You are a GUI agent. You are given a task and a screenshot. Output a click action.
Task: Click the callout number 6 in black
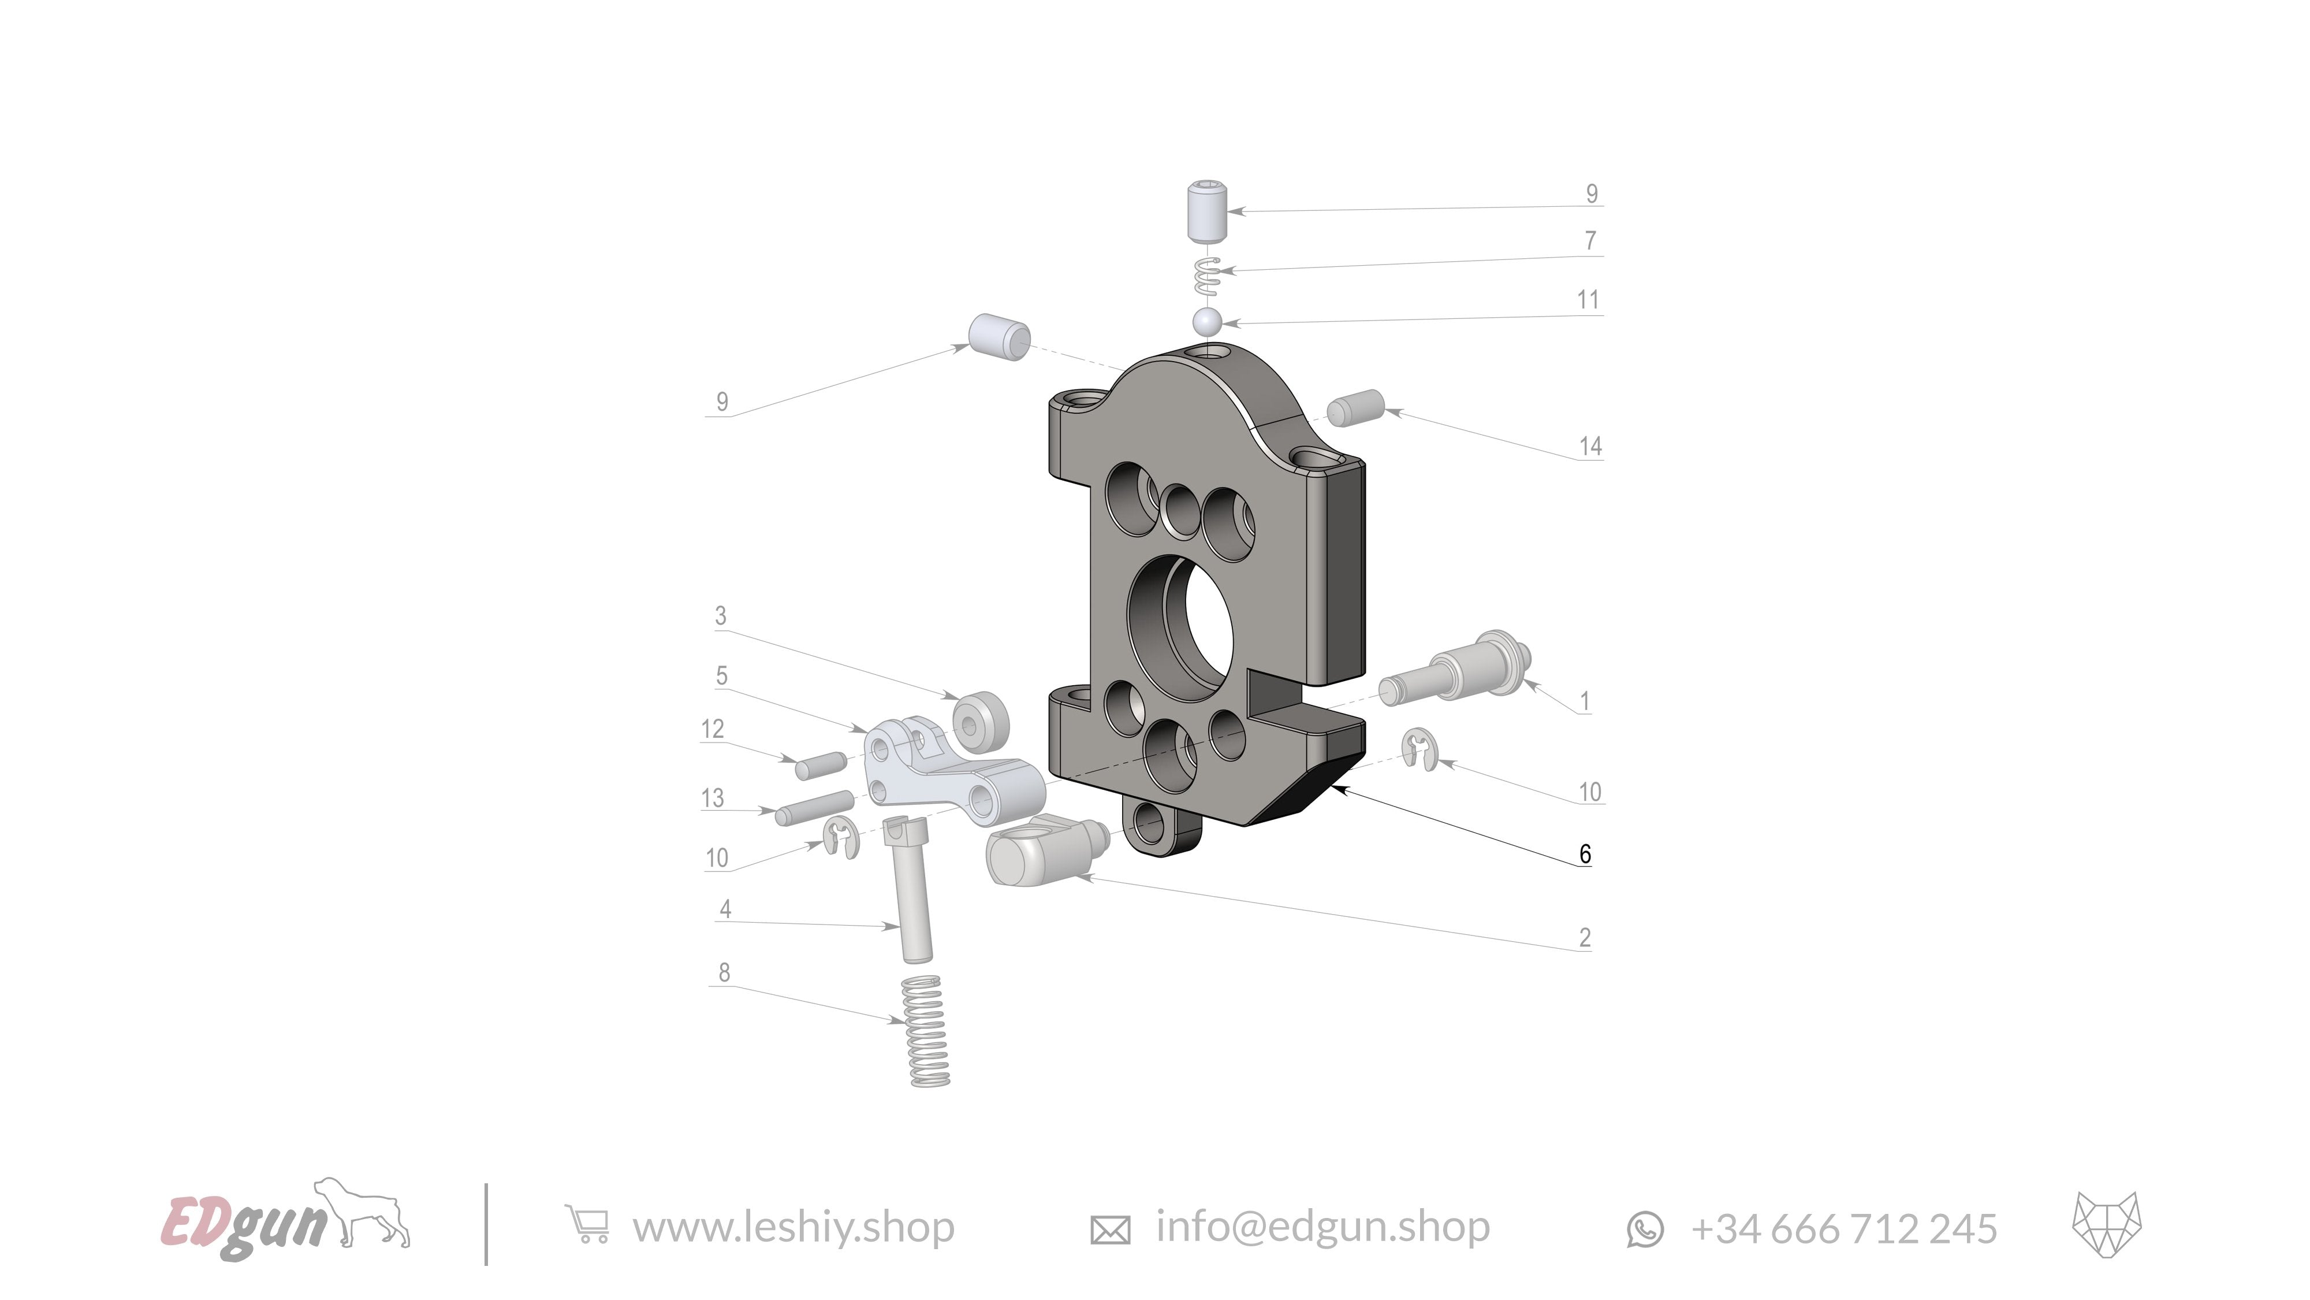click(1585, 854)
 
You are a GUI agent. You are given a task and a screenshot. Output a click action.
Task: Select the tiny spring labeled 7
click(1209, 276)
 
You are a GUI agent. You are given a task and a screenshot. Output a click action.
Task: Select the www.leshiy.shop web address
click(793, 1227)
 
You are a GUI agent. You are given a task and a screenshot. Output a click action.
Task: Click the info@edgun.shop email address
click(1322, 1227)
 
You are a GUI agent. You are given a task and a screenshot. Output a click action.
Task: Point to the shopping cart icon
click(587, 1225)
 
